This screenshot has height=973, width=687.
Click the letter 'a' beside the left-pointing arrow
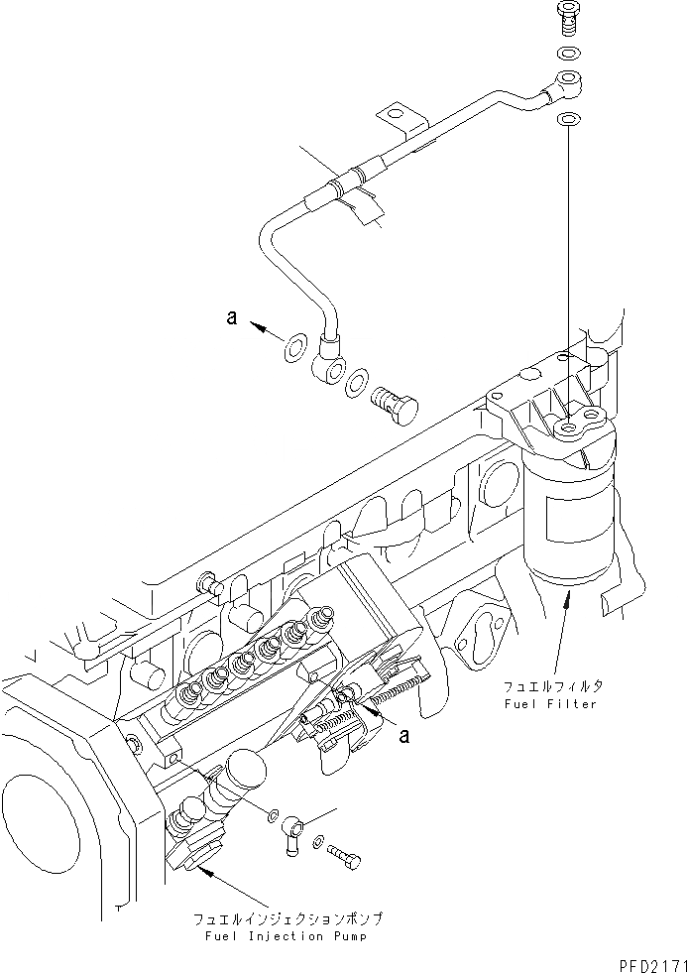231,317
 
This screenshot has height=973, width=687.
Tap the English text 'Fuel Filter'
549,703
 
